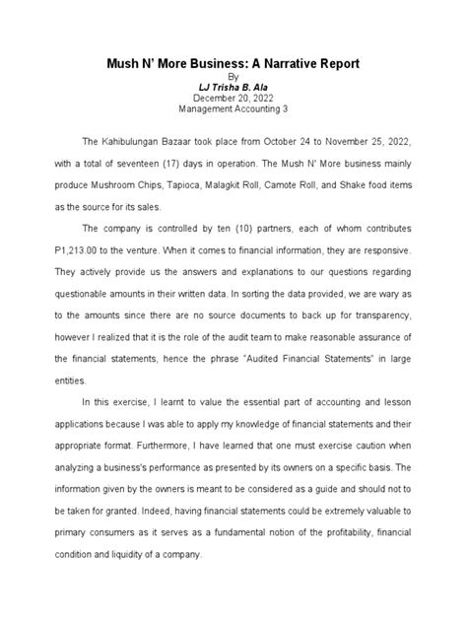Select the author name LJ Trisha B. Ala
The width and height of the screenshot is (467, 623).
233,86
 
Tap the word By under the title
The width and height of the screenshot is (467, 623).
233,75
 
